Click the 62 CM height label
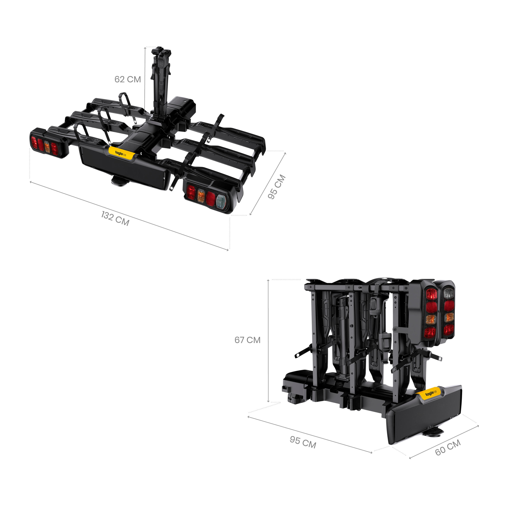pos(128,79)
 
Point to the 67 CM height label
pos(247,340)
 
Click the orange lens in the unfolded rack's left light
pos(47,147)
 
